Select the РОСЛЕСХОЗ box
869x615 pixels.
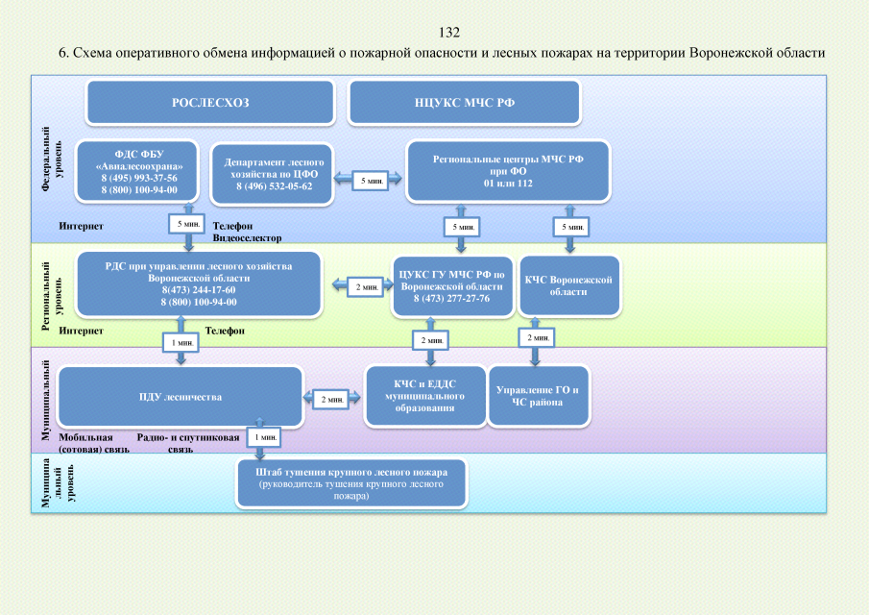point(210,102)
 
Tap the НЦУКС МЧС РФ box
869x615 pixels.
point(465,102)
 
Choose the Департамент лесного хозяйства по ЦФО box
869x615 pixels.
point(275,174)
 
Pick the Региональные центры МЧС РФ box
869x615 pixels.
point(509,171)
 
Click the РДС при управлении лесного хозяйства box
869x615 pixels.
point(199,283)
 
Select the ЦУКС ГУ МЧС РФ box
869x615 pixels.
point(451,286)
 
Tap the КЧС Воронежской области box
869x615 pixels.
point(568,285)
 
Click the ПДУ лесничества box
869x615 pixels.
point(181,396)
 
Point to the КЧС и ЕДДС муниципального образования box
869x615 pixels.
point(423,396)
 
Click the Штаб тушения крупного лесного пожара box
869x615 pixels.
point(351,483)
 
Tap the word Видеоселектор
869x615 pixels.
point(248,237)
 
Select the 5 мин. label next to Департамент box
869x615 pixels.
point(370,180)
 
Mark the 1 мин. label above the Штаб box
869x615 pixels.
point(265,437)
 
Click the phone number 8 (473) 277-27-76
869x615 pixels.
point(451,299)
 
